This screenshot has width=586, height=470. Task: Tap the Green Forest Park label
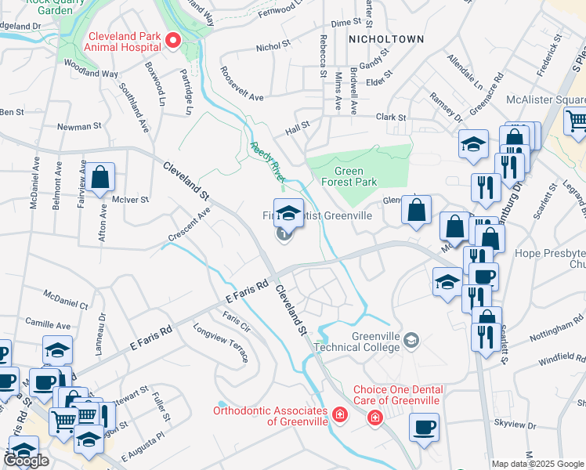click(355, 176)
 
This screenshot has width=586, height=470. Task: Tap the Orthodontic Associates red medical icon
click(340, 413)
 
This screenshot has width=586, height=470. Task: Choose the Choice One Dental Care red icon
click(376, 418)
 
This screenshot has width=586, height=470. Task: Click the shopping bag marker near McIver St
click(101, 179)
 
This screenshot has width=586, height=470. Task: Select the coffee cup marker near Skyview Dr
click(425, 428)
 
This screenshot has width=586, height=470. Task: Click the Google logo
click(25, 461)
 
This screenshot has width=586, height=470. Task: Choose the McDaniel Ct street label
click(66, 298)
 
